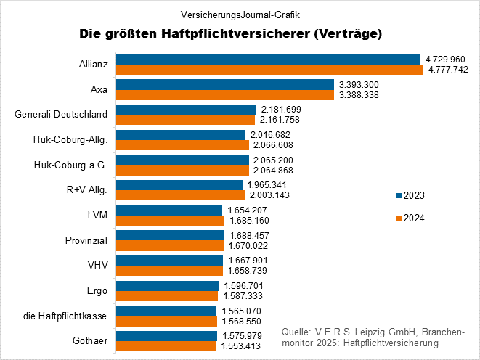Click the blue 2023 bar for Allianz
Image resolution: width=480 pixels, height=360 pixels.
pos(268,60)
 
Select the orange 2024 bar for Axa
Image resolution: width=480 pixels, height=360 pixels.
pos(224,94)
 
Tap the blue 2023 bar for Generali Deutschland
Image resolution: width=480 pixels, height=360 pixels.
pos(186,110)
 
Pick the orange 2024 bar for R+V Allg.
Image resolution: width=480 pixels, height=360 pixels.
pos(181,195)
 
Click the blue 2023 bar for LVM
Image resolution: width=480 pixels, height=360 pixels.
pos(169,210)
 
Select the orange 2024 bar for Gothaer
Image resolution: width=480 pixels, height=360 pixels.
pos(166,346)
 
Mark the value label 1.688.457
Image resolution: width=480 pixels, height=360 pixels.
pos(250,236)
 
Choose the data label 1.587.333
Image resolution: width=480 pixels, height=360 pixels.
pos(243,296)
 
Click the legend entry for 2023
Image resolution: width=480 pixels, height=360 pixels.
pos(410,196)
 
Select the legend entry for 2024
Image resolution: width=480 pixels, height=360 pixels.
pos(410,218)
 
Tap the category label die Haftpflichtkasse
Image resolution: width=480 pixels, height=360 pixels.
pos(65,316)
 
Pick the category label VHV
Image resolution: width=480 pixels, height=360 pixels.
pos(97,266)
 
